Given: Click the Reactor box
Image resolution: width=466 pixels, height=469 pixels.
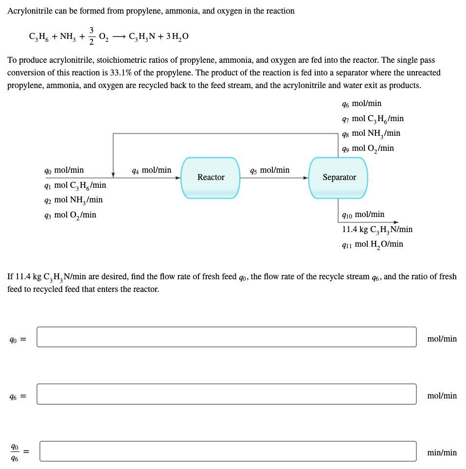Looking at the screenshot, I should [x=211, y=178].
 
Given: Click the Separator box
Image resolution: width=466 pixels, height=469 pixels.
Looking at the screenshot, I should [x=339, y=178].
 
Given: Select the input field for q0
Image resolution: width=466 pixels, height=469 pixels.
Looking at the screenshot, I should [x=226, y=337].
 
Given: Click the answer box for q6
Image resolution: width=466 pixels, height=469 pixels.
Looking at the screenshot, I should [x=226, y=394].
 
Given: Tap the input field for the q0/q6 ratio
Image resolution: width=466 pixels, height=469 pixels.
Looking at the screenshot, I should [x=228, y=451].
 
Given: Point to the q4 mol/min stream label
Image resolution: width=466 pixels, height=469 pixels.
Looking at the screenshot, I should [x=151, y=170].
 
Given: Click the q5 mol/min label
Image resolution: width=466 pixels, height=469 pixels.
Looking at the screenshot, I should [x=269, y=170].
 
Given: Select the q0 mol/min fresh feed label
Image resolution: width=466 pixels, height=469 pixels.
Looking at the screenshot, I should [x=64, y=170].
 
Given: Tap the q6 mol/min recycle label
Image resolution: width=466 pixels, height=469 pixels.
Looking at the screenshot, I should [x=361, y=104].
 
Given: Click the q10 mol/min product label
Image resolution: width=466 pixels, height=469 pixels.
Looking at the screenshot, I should [x=363, y=215].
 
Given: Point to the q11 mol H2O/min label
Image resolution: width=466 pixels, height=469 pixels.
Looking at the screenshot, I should [x=372, y=244].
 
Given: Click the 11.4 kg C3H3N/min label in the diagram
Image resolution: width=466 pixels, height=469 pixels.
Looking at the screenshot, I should [x=377, y=229].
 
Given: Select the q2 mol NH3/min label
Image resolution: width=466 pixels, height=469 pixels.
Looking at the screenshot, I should [x=73, y=200].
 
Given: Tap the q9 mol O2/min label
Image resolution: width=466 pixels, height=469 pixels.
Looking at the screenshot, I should [x=367, y=148].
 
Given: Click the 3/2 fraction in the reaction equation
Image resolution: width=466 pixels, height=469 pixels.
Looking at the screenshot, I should [x=91, y=36].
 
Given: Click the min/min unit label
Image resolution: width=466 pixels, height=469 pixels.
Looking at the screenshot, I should [x=442, y=453].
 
